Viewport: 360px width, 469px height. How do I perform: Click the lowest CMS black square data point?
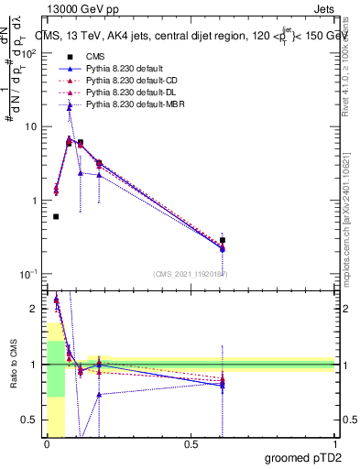[x=56, y=217]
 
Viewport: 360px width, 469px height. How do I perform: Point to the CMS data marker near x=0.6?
[x=223, y=240]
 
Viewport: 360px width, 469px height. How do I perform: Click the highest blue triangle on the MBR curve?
[x=70, y=106]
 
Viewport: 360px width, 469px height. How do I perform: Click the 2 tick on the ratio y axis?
[x=35, y=309]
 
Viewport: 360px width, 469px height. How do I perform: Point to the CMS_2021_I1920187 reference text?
[x=190, y=274]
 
